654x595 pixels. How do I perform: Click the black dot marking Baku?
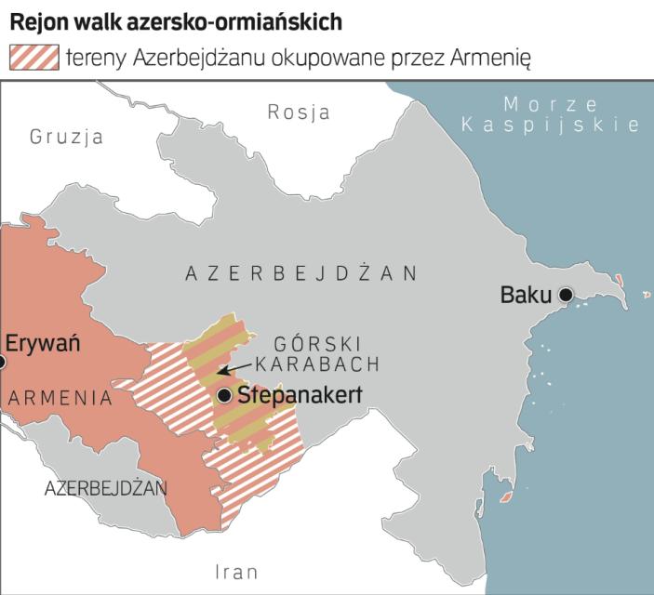(566, 297)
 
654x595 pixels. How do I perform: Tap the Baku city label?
(527, 297)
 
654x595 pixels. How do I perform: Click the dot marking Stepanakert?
(224, 396)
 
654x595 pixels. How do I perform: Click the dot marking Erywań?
(2, 363)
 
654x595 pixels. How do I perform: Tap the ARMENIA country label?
(60, 399)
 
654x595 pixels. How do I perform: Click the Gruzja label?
(66, 138)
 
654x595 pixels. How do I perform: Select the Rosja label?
(299, 112)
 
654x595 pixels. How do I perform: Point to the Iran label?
(236, 572)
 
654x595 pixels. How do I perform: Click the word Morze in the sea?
(537, 104)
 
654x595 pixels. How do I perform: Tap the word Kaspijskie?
(551, 126)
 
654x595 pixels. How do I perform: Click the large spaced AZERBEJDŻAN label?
(301, 273)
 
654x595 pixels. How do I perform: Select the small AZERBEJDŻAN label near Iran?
(105, 487)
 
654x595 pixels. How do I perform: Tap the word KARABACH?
(317, 363)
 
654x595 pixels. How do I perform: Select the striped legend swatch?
(33, 58)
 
